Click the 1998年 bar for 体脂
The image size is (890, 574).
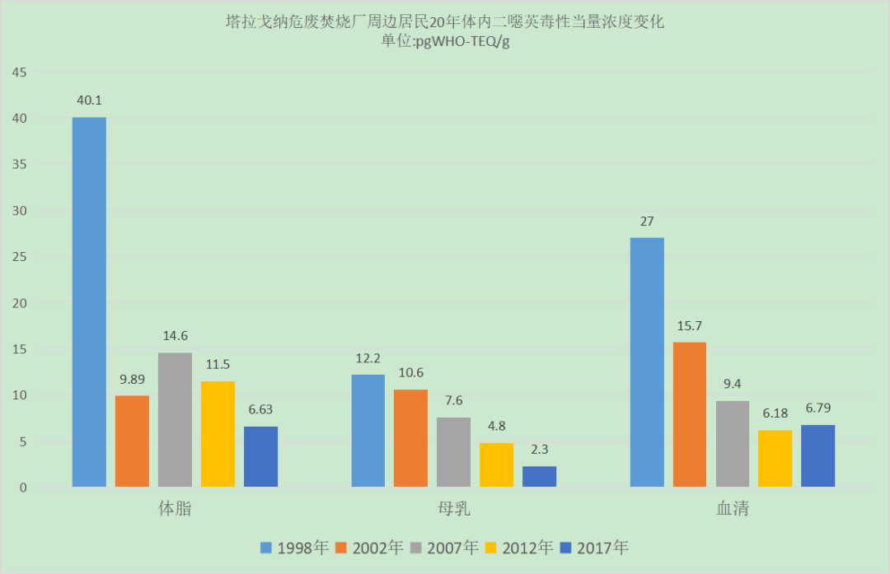coord(89,301)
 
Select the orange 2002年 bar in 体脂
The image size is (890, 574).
coord(132,441)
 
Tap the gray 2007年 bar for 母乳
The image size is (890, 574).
coord(453,452)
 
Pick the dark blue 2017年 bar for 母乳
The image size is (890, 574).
coord(539,477)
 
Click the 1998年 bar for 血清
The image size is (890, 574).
coord(647,362)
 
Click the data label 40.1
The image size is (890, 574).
coord(88,100)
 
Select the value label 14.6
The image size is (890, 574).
coord(175,336)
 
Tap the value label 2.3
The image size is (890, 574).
coord(539,450)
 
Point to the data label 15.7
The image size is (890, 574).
coord(690,325)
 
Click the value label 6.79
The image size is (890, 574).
coord(818,408)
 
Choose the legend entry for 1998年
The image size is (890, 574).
coord(294,548)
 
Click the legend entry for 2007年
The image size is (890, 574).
coord(444,548)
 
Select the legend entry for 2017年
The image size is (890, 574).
coord(594,548)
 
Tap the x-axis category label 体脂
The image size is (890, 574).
coord(175,509)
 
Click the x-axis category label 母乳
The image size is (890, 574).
coord(454,509)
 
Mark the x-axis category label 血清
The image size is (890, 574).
coord(733,509)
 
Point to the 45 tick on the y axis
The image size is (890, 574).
coord(19,72)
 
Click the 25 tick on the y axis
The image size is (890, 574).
coord(19,257)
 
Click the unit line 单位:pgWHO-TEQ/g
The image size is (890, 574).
coord(445,42)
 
